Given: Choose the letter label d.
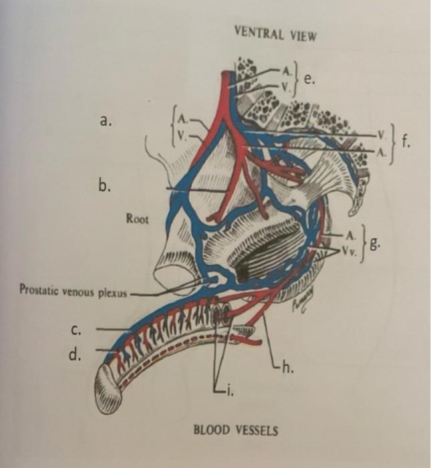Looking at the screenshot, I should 75,354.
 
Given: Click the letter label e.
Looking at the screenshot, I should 308,80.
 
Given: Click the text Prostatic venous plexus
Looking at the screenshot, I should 72,291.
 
